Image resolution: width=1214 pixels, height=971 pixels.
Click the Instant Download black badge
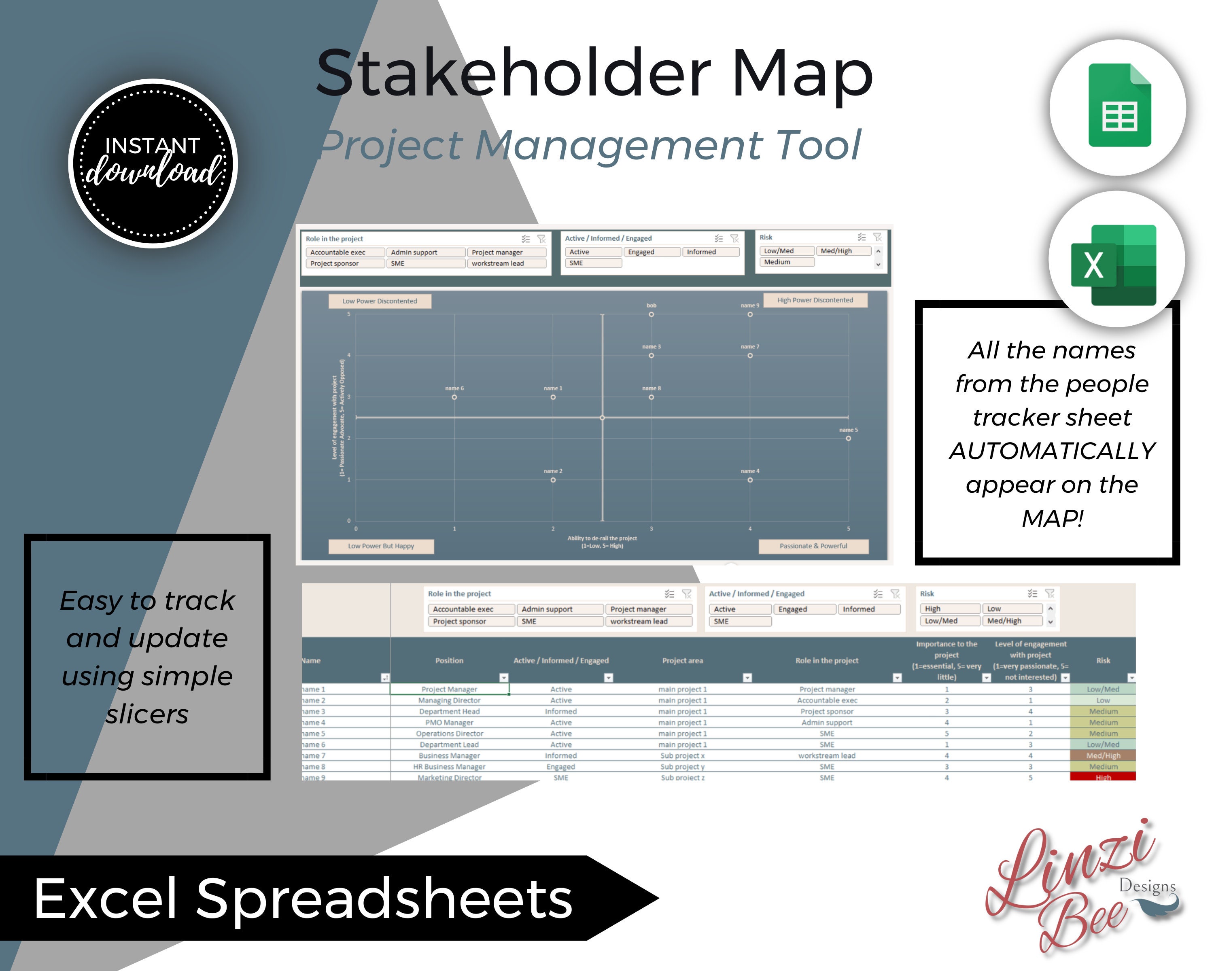pyautogui.click(x=153, y=163)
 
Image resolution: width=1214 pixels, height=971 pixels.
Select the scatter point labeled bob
pyautogui.click(x=651, y=314)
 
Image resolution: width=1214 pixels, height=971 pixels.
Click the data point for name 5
pyautogui.click(x=848, y=438)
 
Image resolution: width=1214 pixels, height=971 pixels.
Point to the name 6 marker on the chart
pyautogui.click(x=454, y=397)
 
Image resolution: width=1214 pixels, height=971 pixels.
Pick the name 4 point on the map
pyautogui.click(x=749, y=479)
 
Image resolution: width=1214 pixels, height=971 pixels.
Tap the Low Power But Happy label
pyautogui.click(x=381, y=546)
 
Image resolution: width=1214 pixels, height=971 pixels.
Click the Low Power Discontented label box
pyautogui.click(x=380, y=301)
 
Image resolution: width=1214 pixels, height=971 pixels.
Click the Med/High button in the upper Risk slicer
pyautogui.click(x=843, y=251)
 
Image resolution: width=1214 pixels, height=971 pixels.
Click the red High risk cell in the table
pyautogui.click(x=1102, y=777)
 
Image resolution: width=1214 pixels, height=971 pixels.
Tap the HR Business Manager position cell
pyautogui.click(x=449, y=767)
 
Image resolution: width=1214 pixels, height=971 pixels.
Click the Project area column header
pyautogui.click(x=682, y=660)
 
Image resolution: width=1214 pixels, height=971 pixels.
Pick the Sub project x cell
pyautogui.click(x=682, y=755)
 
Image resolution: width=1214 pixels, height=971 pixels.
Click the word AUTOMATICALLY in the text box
pyautogui.click(x=1052, y=451)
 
